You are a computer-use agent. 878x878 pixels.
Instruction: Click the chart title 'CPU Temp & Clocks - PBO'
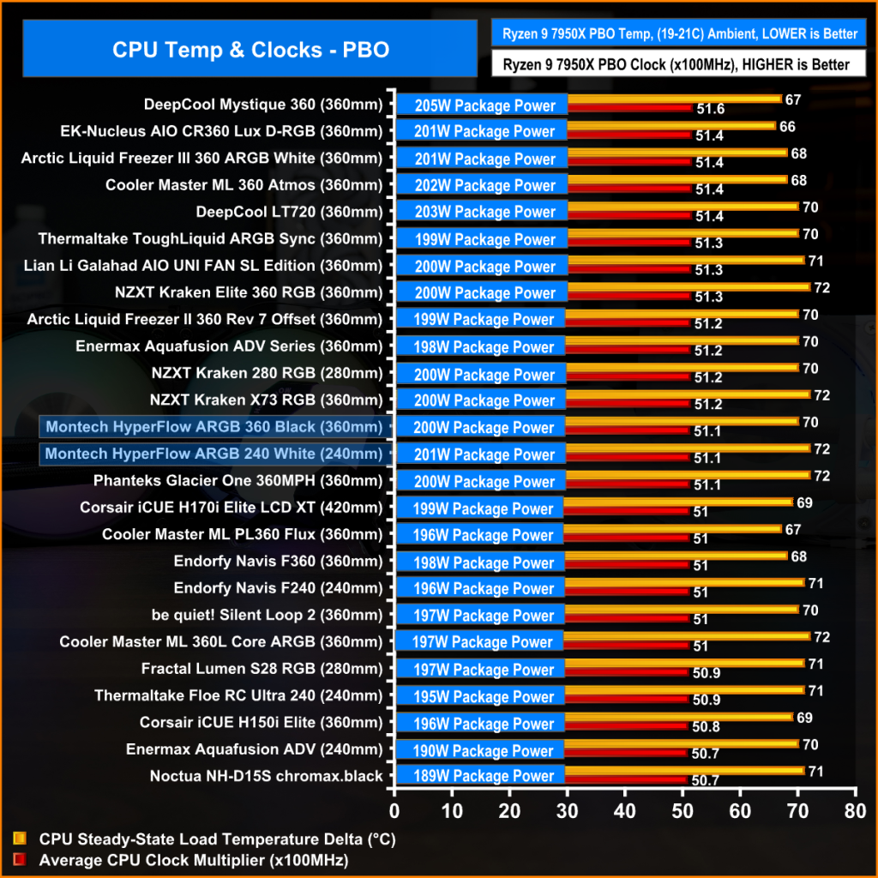coord(250,50)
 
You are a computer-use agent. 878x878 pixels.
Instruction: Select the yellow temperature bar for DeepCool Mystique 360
coord(673,99)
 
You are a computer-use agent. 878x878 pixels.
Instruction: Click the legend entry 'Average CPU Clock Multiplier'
coord(193,859)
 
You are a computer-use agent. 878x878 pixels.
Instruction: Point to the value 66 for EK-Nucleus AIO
coord(787,127)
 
